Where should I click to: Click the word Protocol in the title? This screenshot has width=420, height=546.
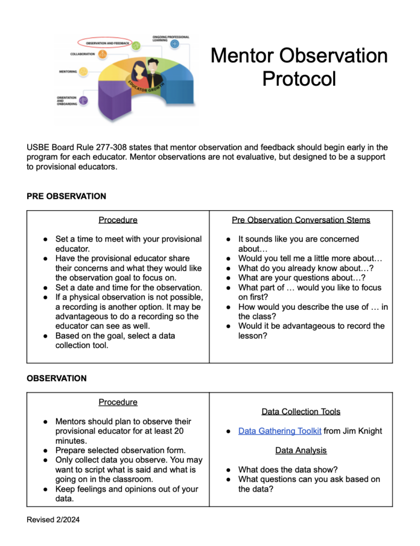click(x=299, y=79)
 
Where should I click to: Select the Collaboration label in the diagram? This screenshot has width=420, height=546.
click(x=83, y=54)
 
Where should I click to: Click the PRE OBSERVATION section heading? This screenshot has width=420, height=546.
click(x=67, y=196)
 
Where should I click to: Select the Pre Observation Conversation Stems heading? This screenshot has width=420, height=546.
click(x=301, y=220)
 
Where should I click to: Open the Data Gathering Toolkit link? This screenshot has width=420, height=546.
click(x=280, y=431)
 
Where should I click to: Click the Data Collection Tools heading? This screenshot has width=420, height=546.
click(x=301, y=412)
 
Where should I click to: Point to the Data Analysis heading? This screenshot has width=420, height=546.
click(x=301, y=451)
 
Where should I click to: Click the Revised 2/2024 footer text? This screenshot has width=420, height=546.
click(x=53, y=519)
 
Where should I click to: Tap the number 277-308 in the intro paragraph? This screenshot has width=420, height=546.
click(x=109, y=147)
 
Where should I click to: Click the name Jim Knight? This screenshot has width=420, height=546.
click(x=362, y=431)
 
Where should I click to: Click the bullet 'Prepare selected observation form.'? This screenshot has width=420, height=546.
click(x=120, y=451)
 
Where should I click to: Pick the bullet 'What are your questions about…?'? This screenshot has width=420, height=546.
click(x=301, y=278)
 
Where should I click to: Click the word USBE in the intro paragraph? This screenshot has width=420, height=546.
click(x=38, y=147)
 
